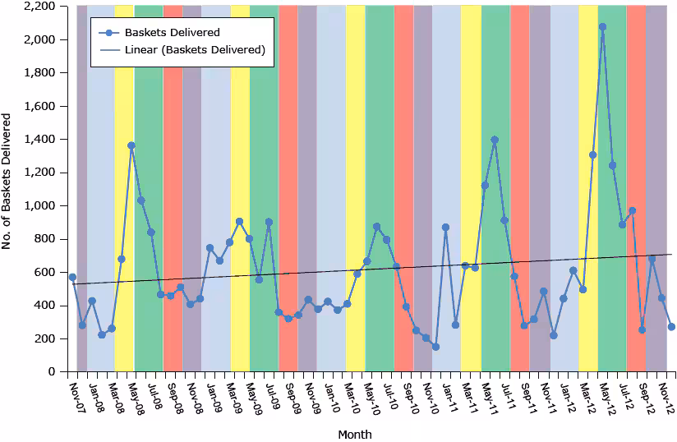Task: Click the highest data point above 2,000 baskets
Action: [x=602, y=26]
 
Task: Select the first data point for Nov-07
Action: [x=72, y=278]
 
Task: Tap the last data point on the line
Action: [x=671, y=326]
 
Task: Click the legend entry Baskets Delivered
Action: [x=173, y=33]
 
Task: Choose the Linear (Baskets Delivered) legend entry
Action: [x=194, y=50]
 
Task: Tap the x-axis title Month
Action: [x=355, y=434]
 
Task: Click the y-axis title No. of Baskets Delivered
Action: [x=7, y=188]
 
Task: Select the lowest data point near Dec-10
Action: [x=435, y=347]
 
